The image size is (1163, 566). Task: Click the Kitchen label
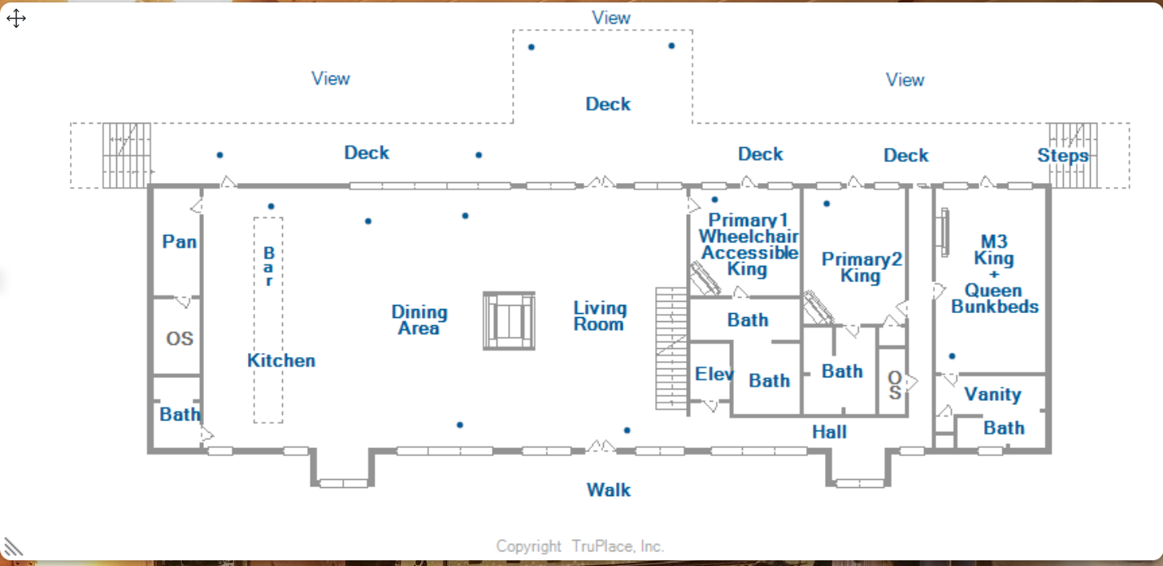[281, 360]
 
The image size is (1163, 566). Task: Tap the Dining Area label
[419, 320]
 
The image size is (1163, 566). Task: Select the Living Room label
[600, 316]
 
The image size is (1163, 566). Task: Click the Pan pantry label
[179, 242]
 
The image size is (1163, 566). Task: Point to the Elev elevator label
[714, 374]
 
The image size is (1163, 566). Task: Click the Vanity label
[992, 394]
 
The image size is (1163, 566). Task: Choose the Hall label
[829, 432]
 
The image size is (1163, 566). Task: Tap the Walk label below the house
[609, 490]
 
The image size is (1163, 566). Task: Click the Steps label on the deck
[1063, 155]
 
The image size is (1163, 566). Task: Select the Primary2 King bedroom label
[861, 268]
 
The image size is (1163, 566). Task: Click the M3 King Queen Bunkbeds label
[994, 274]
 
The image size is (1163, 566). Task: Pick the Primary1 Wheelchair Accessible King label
[749, 244]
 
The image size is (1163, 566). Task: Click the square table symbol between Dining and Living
[509, 320]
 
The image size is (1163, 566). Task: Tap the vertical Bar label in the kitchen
[268, 267]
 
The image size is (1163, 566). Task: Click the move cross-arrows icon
[16, 19]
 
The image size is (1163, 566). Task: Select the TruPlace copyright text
[580, 546]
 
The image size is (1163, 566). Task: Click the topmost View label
[611, 18]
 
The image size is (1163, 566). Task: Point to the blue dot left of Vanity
[953, 356]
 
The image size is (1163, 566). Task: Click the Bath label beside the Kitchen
[180, 414]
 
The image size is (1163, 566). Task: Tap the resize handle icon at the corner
[13, 546]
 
